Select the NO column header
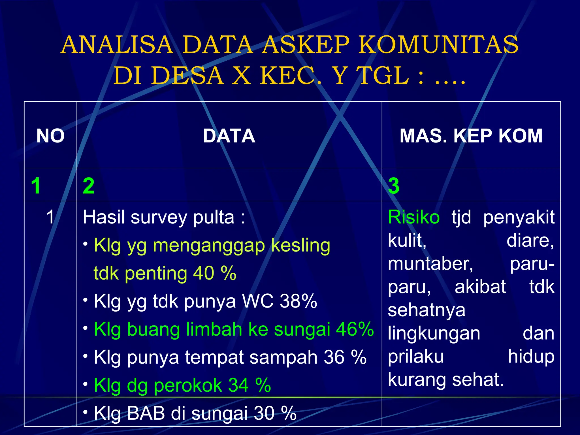(50, 136)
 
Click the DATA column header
(229, 136)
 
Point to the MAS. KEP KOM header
(471, 136)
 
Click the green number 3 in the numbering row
(394, 186)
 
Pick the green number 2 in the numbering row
(88, 186)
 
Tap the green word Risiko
(413, 217)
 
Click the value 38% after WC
(298, 301)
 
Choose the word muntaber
(430, 264)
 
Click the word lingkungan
(434, 334)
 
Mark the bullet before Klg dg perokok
(85, 384)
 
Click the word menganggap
(209, 245)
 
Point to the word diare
(530, 241)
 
